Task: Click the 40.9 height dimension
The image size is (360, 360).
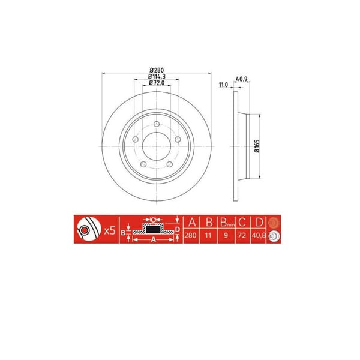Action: tap(242, 79)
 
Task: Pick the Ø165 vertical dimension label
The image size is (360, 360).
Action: tap(256, 146)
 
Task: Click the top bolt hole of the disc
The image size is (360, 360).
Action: tap(157, 124)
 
